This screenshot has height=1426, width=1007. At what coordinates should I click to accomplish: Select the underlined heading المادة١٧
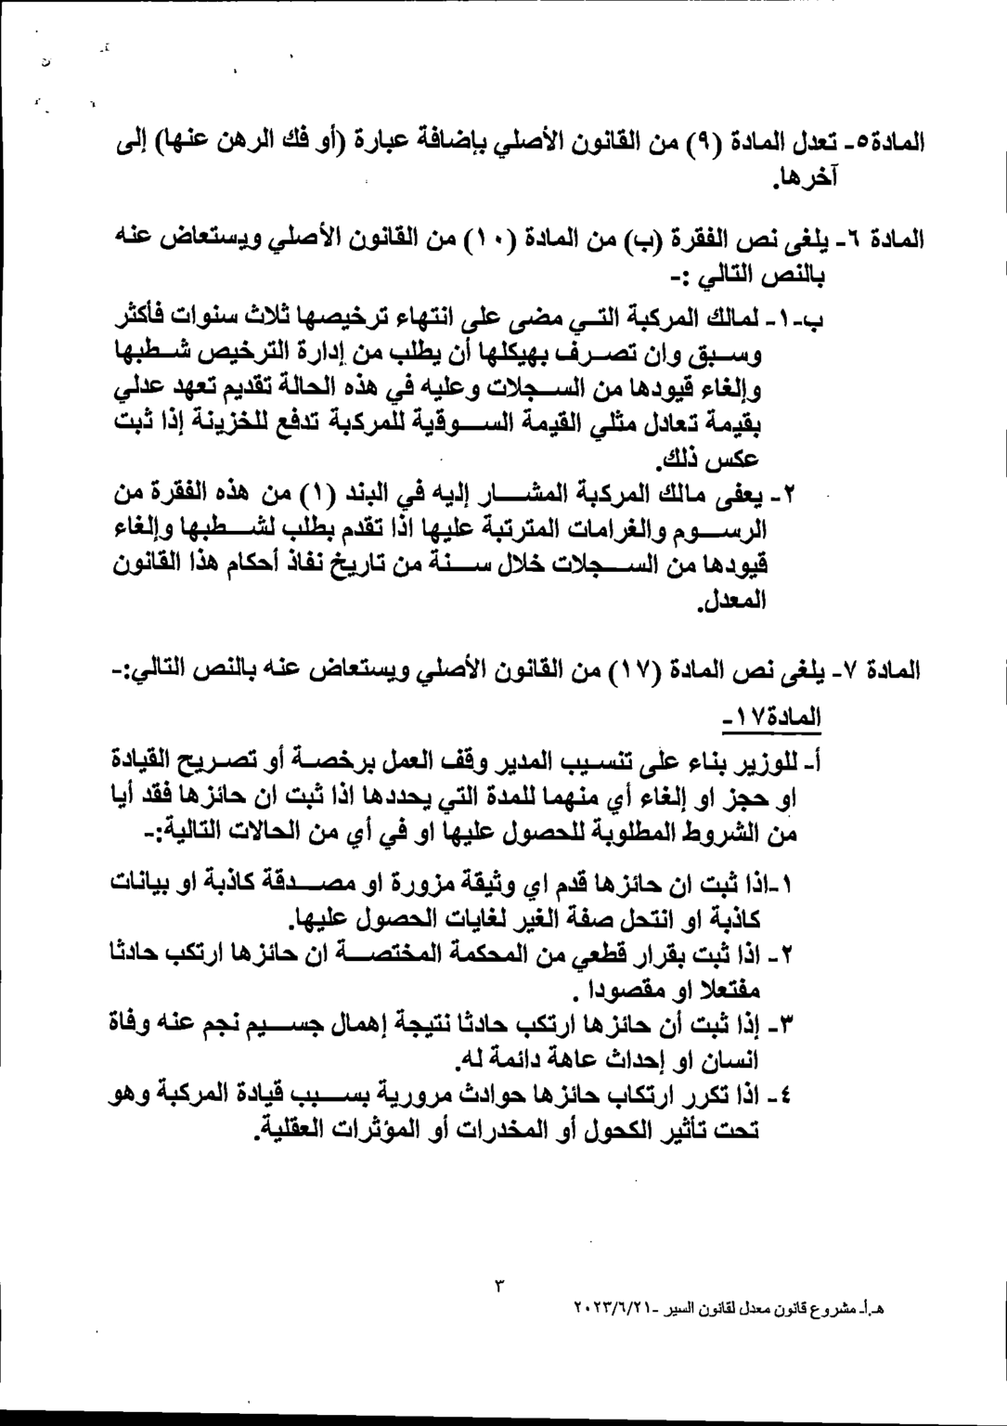point(772,718)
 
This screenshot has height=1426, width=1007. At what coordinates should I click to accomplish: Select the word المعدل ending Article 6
point(731,599)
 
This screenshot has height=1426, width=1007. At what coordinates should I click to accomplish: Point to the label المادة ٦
point(888,239)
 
